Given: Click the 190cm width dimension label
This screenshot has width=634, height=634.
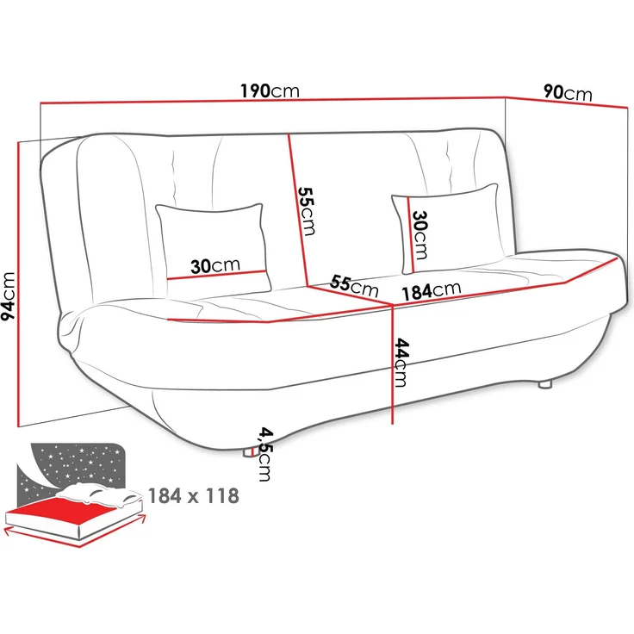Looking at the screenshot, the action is tap(270, 91).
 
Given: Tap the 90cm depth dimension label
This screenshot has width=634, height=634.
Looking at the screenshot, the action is tap(568, 91).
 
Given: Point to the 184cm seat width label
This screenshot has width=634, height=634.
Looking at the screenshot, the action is tap(429, 292).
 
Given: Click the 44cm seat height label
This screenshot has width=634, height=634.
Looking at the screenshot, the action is tap(401, 363).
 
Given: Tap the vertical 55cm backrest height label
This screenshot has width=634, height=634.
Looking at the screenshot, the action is tap(307, 214).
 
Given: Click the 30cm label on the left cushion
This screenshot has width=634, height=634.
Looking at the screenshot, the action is tap(215, 266).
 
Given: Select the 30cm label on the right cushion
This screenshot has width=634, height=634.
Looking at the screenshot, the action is tap(420, 235).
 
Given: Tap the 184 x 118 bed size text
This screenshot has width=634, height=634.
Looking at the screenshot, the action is tap(193, 496).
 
